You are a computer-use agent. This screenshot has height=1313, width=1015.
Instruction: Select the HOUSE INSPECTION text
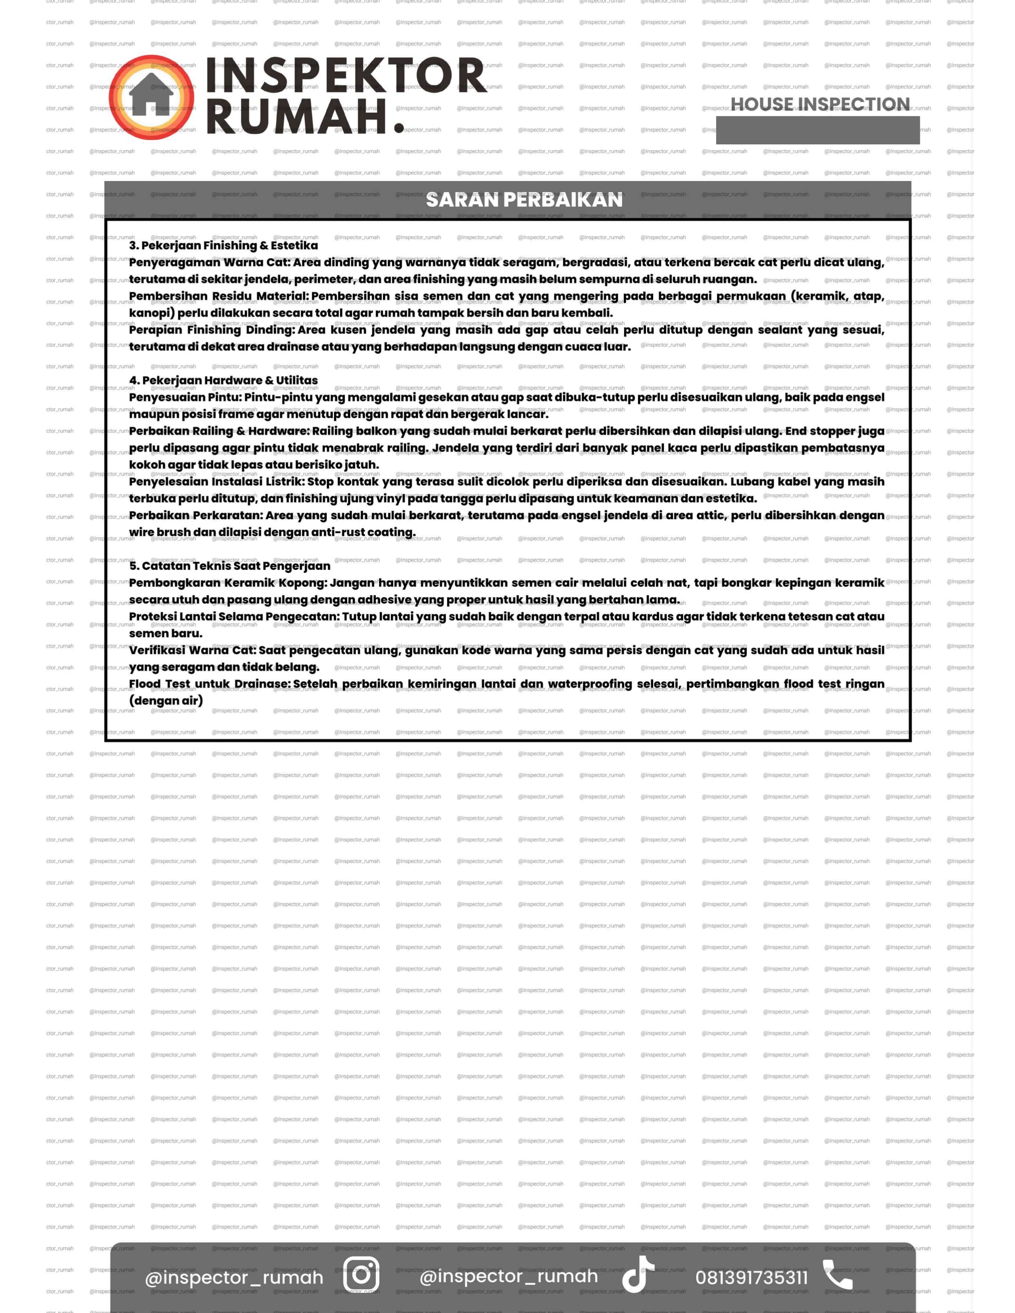coord(820,105)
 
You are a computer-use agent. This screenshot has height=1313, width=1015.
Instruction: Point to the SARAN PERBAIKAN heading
coord(524,200)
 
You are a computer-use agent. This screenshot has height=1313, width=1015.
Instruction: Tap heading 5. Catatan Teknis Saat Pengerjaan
coord(230,566)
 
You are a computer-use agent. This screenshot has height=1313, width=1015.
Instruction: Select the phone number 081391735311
coord(751,1277)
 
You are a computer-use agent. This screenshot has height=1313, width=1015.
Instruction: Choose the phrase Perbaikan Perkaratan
coord(195,515)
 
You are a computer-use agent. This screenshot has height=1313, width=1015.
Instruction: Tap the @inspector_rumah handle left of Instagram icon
coord(234,1277)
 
